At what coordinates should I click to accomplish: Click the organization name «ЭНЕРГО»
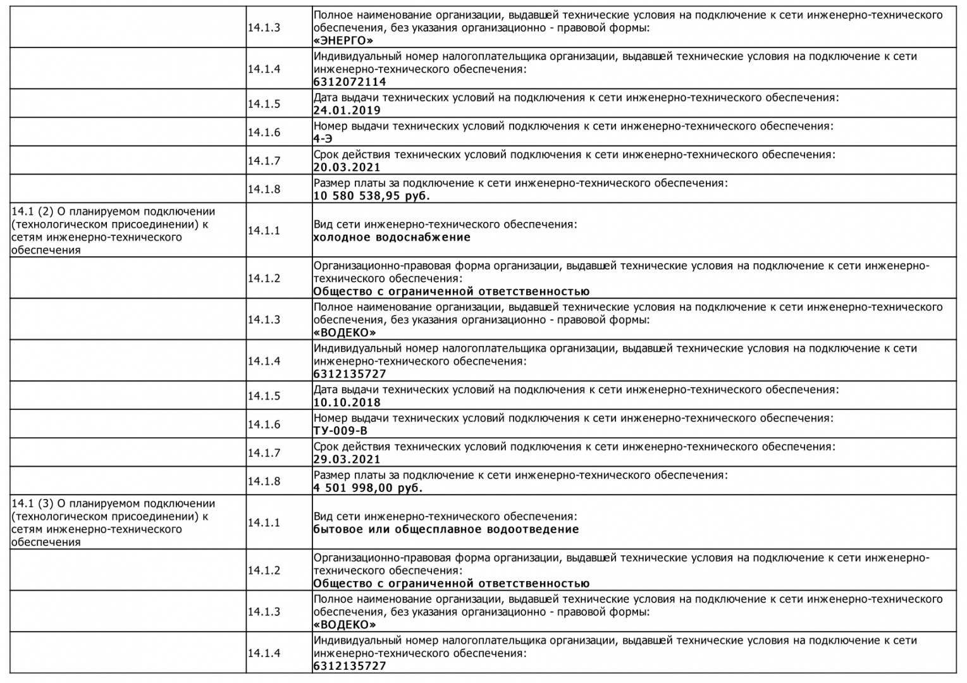click(343, 41)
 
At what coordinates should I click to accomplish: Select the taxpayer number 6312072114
click(350, 82)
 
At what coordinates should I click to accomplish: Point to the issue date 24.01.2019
click(347, 111)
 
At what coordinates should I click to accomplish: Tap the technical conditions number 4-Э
click(323, 139)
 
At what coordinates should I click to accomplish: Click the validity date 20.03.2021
click(347, 168)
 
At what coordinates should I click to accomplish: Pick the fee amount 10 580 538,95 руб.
click(371, 196)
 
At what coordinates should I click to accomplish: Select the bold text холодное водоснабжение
click(392, 238)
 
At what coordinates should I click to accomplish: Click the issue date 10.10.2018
click(347, 403)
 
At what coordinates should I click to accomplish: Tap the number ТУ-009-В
click(340, 431)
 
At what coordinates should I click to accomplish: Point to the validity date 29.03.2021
click(347, 460)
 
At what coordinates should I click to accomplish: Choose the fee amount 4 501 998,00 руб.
click(368, 488)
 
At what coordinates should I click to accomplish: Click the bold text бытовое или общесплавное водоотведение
click(446, 530)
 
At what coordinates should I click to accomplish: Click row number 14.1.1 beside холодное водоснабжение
click(264, 231)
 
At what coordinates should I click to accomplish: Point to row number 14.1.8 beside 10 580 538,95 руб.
click(264, 189)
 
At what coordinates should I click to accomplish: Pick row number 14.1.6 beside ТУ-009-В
click(264, 424)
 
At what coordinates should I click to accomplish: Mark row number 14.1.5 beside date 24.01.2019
click(264, 104)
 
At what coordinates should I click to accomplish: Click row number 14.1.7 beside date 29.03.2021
click(264, 453)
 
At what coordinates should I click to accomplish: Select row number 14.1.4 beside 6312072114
click(264, 69)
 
